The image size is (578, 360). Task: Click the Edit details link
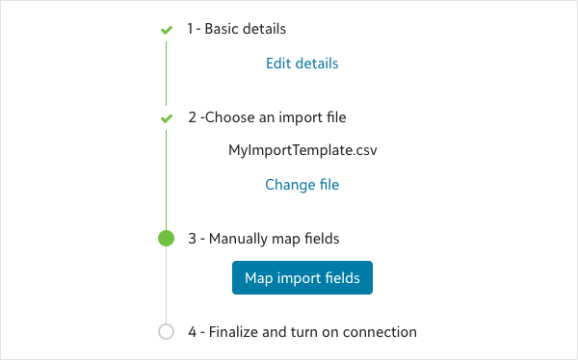[302, 64]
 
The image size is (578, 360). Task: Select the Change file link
[302, 185]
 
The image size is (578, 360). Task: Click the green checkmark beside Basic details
[167, 30]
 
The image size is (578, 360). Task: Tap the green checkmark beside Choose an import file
[167, 118]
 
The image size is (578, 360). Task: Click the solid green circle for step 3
[167, 238]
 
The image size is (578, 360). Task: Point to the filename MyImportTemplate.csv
[302, 150]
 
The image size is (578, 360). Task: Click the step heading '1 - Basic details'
[237, 29]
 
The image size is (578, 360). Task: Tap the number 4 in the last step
[192, 332]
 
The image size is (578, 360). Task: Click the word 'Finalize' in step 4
[234, 332]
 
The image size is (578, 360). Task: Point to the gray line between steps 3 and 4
[167, 285]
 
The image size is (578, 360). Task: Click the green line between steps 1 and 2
[167, 74]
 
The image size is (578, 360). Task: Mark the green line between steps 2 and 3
[167, 180]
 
